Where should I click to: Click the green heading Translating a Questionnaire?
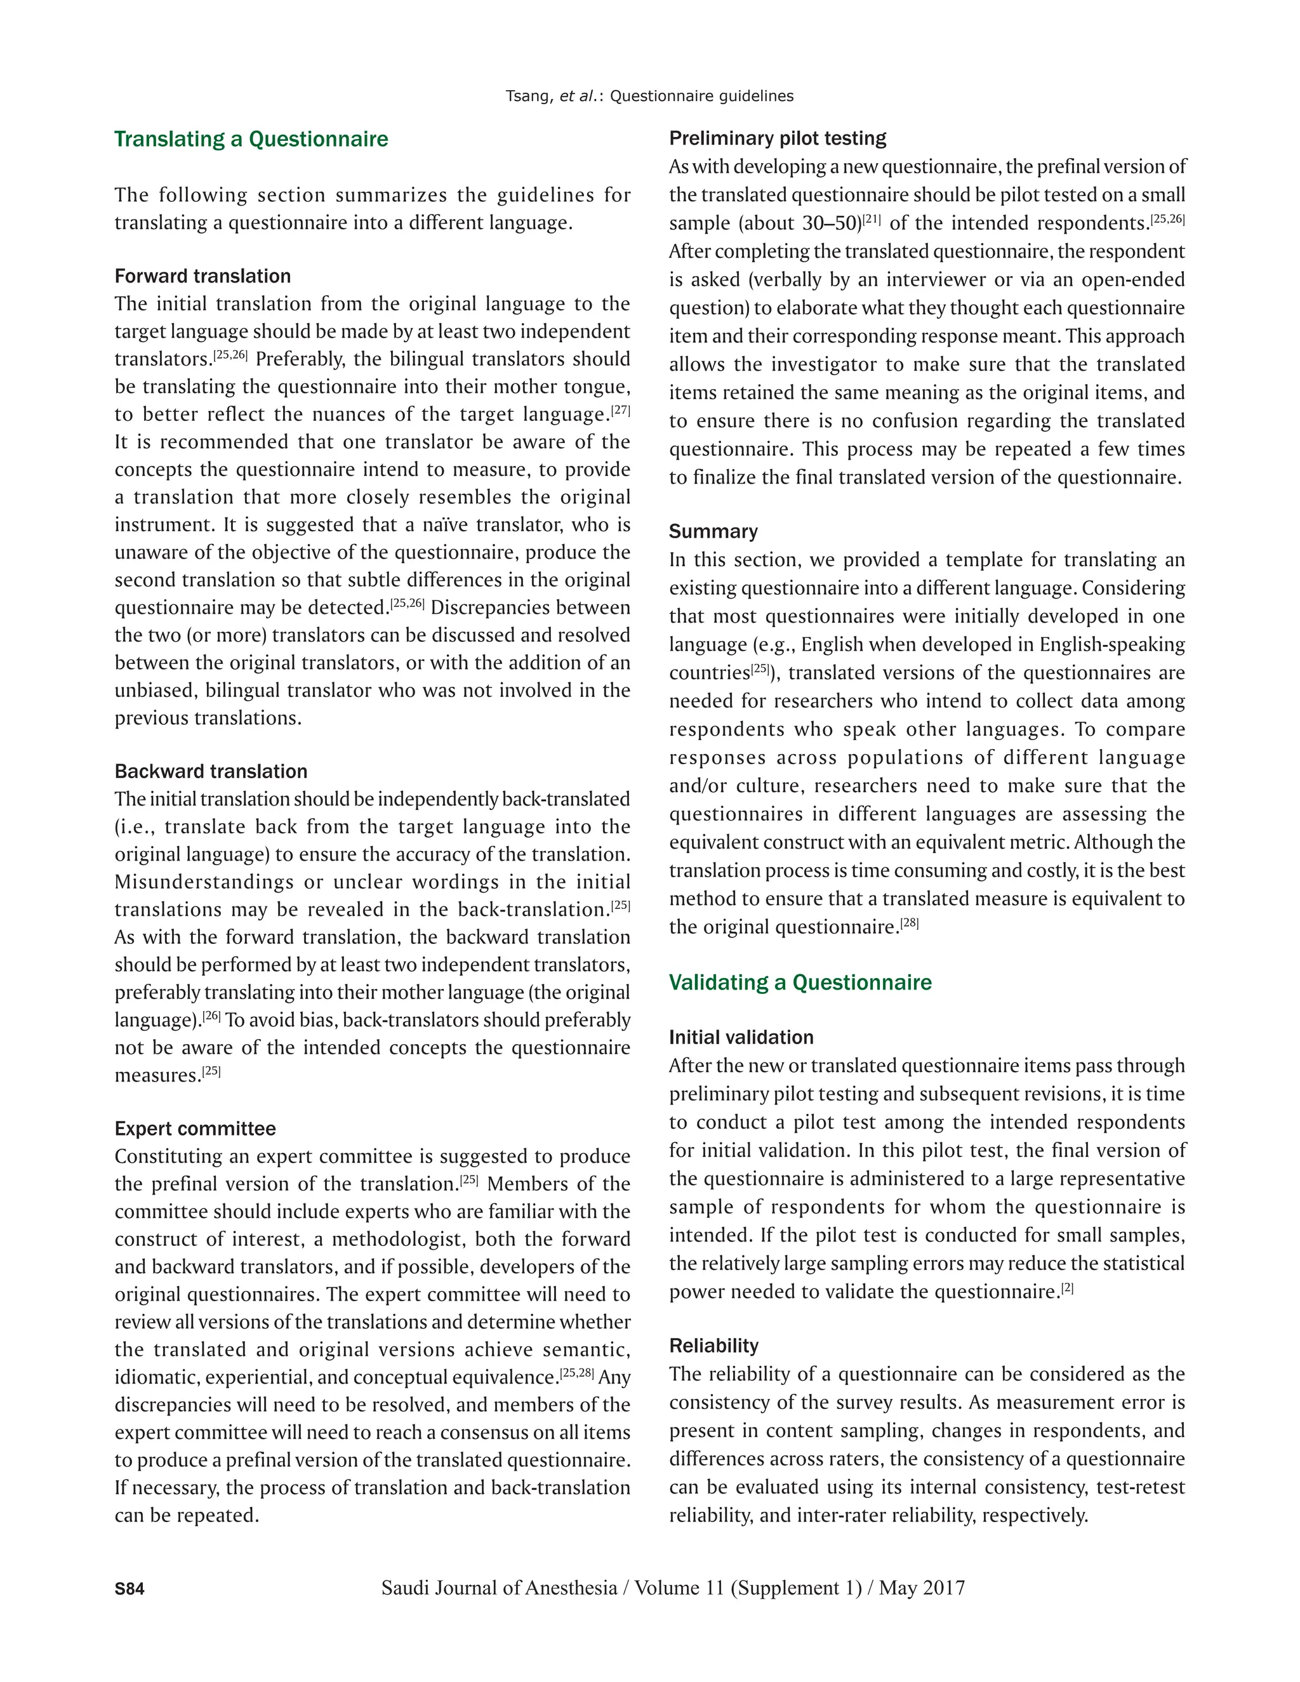(x=251, y=140)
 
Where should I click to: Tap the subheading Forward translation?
(x=202, y=277)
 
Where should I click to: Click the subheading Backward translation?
(x=210, y=772)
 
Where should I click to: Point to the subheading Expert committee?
(x=195, y=1129)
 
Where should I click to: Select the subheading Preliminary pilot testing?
(x=777, y=138)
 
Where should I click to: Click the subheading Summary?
(x=713, y=531)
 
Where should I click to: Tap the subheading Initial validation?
(x=741, y=1037)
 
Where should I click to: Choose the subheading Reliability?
(x=713, y=1346)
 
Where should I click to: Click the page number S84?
(x=129, y=1589)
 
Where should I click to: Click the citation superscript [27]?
(x=621, y=411)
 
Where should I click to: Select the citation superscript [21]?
(x=872, y=220)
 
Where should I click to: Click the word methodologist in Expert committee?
(x=397, y=1239)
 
